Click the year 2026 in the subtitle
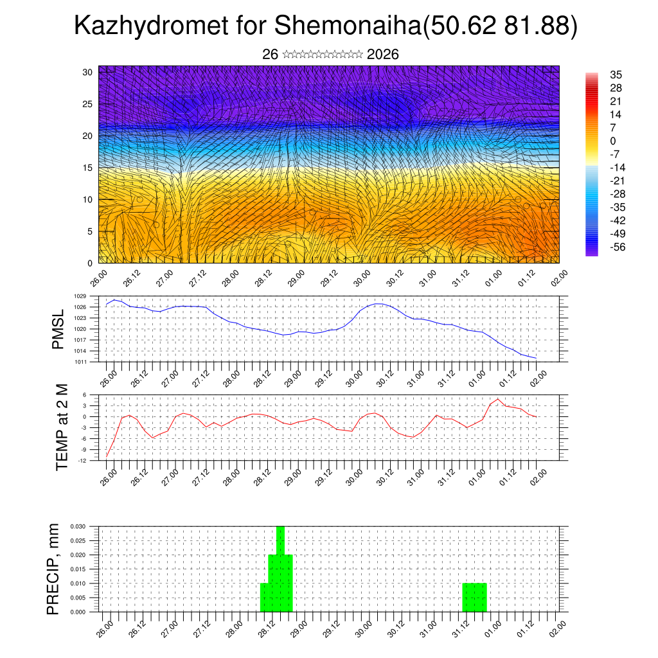[x=383, y=55]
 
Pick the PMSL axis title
[x=58, y=329]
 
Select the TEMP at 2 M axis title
[x=62, y=427]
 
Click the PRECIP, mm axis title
[x=53, y=569]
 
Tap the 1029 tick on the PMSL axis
[x=80, y=296]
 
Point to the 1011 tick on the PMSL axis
[x=80, y=362]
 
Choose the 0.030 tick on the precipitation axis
[x=78, y=526]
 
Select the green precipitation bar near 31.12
[x=474, y=598]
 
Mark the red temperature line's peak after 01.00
[x=498, y=399]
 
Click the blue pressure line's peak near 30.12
[x=378, y=303]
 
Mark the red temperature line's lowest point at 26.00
[x=107, y=456]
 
